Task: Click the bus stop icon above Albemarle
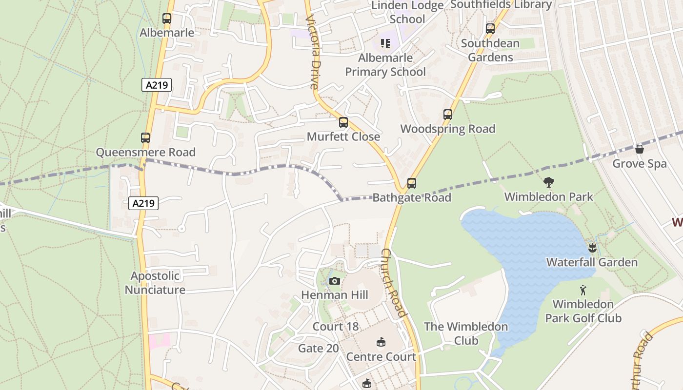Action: coord(167,19)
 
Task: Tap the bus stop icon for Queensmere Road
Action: coord(145,138)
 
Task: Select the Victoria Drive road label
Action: coord(313,51)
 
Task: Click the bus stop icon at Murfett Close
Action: coord(343,122)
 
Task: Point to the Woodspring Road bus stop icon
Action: coord(448,115)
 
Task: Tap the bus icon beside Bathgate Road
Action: coord(412,183)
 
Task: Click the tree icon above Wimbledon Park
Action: coord(549,183)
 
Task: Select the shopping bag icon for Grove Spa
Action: coord(640,149)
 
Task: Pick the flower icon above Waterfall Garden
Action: coord(592,248)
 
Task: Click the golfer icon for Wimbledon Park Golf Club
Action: coord(583,291)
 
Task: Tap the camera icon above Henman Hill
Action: coord(334,281)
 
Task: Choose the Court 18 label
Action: coord(335,327)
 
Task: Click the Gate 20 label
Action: coord(318,348)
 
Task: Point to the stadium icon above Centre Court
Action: coord(381,342)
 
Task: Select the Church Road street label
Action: coord(393,283)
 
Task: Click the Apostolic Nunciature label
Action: coord(155,283)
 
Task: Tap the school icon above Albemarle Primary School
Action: coord(385,43)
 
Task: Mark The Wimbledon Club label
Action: coord(466,333)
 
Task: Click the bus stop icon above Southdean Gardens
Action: coord(490,29)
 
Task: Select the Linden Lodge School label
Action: coord(407,12)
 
